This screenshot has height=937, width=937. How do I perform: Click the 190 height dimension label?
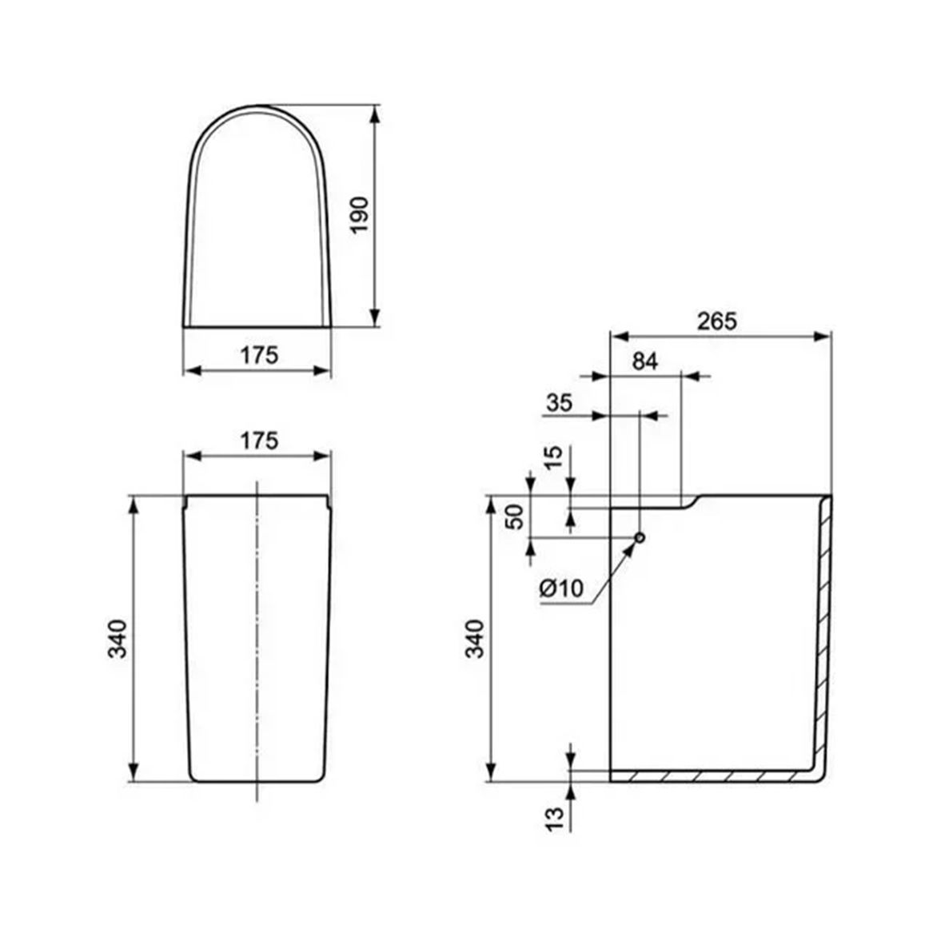pos(360,214)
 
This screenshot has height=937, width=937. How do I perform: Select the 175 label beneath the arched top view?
pos(259,354)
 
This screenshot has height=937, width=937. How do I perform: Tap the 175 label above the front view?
pos(259,440)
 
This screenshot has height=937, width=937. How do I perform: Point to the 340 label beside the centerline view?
pos(118,638)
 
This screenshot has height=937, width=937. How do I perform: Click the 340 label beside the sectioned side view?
pos(475,638)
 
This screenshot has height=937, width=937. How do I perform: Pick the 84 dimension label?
pos(644,361)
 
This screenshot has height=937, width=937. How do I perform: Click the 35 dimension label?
pos(559,403)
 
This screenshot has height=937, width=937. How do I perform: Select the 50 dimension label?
pos(516,516)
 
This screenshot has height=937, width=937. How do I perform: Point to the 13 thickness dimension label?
pos(553,816)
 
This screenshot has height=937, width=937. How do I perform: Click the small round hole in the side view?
pos(640,537)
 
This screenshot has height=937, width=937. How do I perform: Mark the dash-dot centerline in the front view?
pos(257,640)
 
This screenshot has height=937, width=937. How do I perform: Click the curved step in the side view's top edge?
pos(690,501)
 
